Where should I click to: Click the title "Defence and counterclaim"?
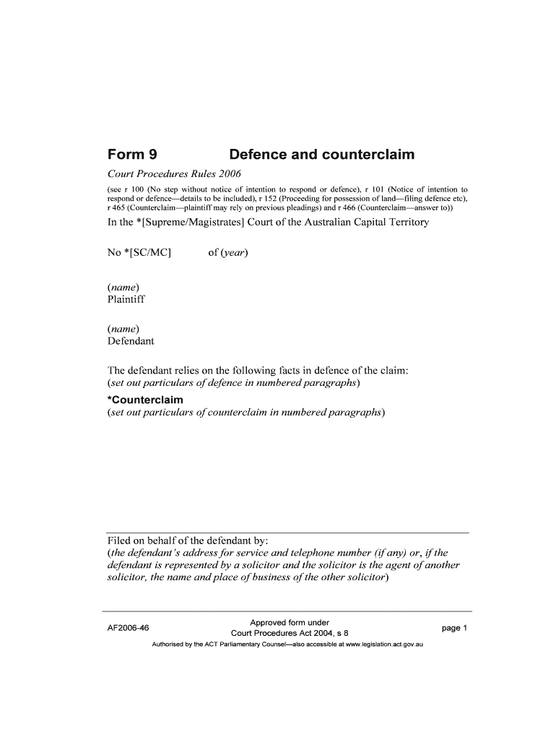(321, 155)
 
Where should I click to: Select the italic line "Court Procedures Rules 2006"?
(173, 174)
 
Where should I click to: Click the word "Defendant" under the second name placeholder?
(131, 341)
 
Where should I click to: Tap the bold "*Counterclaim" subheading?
(144, 400)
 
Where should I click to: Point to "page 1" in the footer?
(456, 628)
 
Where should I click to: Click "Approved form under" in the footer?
(290, 622)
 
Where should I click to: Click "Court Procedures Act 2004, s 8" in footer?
(290, 634)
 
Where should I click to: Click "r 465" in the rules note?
(116, 207)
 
